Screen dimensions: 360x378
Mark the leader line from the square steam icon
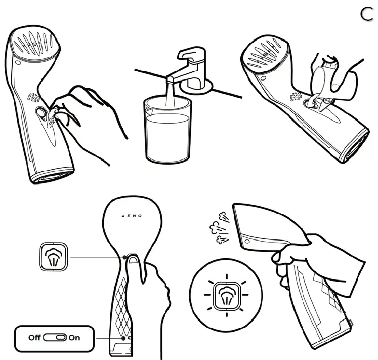(96, 257)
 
